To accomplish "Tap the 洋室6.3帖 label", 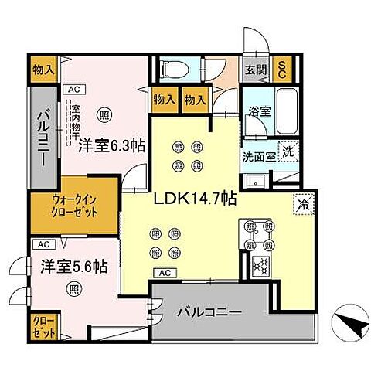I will tap(106, 145).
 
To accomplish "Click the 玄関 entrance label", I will tap(256, 69).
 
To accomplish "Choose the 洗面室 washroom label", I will tap(257, 155).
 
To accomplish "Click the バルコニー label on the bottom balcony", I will tap(209, 313).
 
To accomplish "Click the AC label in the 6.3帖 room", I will tap(73, 88).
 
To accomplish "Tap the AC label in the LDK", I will tap(165, 272).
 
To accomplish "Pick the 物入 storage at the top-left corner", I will tap(43, 70).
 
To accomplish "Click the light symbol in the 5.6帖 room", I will tap(73, 289).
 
